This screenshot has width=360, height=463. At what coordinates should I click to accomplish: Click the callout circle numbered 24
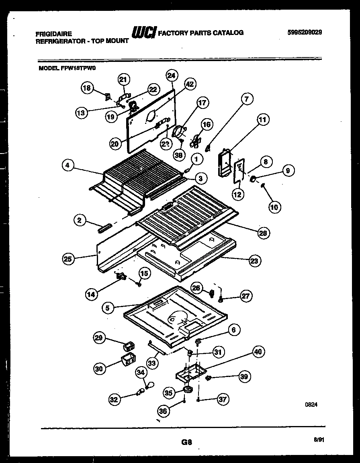click(172, 75)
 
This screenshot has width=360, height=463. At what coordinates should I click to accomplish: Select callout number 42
click(190, 84)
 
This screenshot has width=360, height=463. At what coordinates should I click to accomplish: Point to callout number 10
click(274, 207)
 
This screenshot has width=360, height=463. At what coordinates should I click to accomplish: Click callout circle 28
click(264, 233)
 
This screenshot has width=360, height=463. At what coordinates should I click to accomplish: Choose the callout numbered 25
click(68, 259)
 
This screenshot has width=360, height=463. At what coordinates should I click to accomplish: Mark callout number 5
click(108, 308)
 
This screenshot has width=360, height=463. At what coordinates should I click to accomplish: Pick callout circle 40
click(258, 352)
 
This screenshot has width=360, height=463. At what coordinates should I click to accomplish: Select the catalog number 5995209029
click(305, 33)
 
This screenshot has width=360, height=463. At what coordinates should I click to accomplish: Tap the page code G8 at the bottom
click(186, 443)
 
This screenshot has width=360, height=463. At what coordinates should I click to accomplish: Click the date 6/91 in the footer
click(319, 440)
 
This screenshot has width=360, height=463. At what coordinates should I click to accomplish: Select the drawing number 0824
click(312, 406)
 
